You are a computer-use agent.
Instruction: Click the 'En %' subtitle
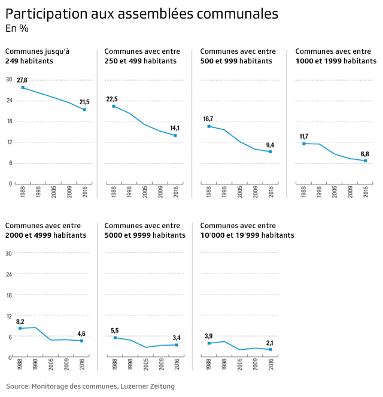click(17, 28)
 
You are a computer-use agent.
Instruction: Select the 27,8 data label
click(22, 80)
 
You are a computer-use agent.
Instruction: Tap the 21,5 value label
click(84, 102)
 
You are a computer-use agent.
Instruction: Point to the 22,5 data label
click(112, 99)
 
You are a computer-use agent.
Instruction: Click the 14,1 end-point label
click(175, 128)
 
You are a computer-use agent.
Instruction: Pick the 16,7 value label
click(208, 119)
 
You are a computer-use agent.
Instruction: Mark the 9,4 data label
click(270, 145)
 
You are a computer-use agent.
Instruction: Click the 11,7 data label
click(303, 137)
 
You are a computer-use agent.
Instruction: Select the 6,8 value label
click(365, 154)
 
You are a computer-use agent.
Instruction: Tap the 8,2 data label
click(20, 322)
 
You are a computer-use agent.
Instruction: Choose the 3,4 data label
click(176, 338)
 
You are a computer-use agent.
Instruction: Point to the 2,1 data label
click(270, 343)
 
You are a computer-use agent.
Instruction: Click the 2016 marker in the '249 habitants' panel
click(84, 110)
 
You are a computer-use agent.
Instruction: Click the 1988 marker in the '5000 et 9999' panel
click(115, 338)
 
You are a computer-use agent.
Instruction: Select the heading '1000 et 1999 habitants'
click(336, 61)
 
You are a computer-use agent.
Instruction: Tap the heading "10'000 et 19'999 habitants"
click(247, 235)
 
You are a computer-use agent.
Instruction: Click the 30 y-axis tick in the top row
click(9, 80)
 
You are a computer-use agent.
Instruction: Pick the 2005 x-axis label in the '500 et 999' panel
click(240, 192)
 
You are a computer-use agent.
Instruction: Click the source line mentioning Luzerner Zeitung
click(91, 386)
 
